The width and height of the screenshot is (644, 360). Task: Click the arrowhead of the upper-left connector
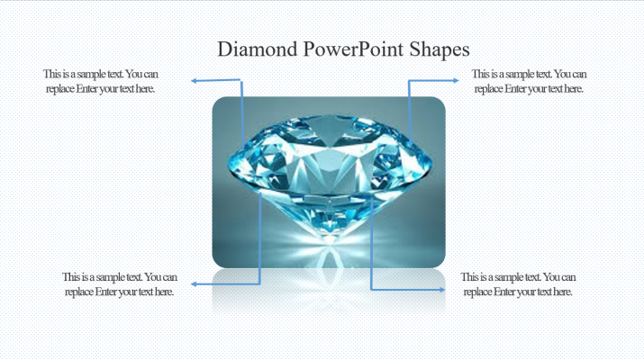194,81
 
